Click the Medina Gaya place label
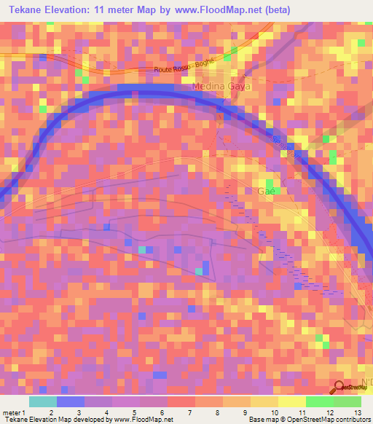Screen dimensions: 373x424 pyautogui.click(x=221, y=86)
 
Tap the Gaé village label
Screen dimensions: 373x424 pyautogui.click(x=267, y=192)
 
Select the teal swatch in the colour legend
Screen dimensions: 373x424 pyautogui.click(x=42, y=402)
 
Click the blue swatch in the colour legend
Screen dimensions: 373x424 pyautogui.click(x=70, y=402)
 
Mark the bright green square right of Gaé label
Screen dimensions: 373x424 pyautogui.click(x=270, y=182)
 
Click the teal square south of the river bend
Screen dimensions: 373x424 pyautogui.click(x=198, y=271)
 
